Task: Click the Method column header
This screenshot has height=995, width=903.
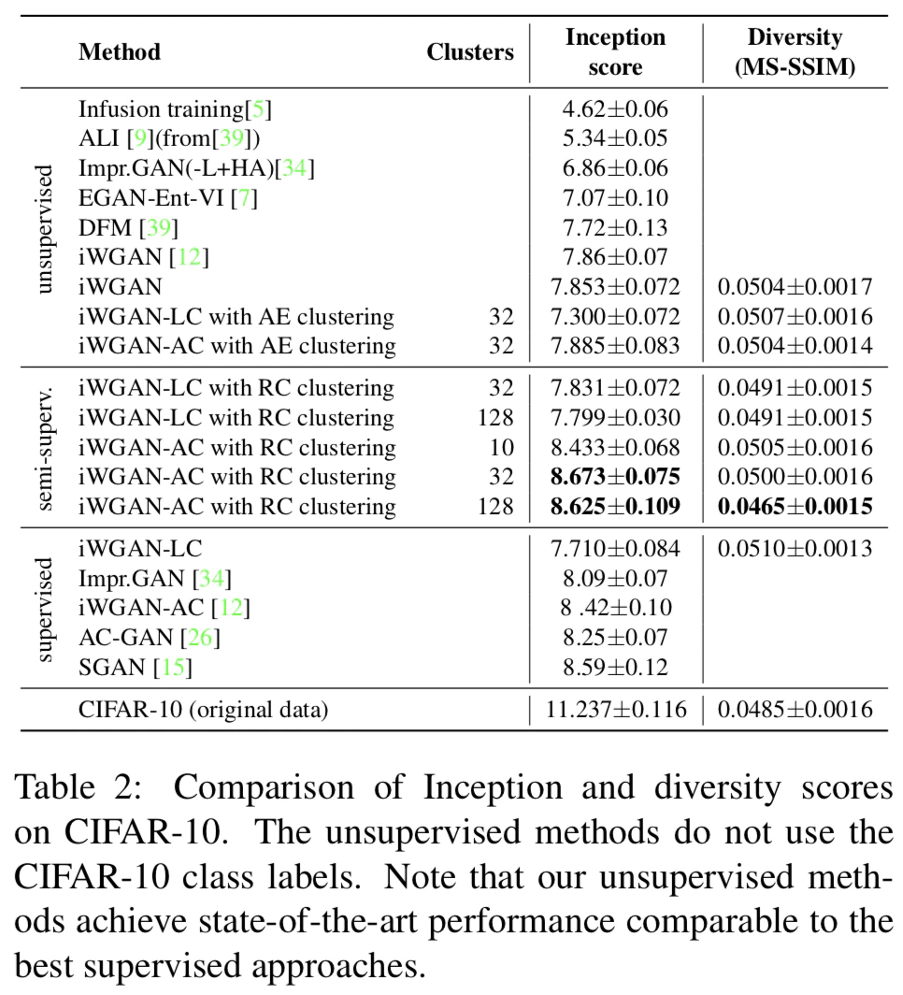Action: pyautogui.click(x=120, y=51)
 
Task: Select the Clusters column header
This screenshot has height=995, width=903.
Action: pyautogui.click(x=469, y=51)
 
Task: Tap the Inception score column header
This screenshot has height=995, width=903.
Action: pyautogui.click(x=615, y=51)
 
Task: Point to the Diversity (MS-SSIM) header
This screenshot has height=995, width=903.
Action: pyautogui.click(x=794, y=51)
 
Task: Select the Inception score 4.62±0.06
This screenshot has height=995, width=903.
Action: pyautogui.click(x=615, y=109)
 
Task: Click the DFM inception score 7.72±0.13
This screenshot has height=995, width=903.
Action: pyautogui.click(x=615, y=228)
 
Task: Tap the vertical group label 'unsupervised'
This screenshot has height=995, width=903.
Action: pyautogui.click(x=43, y=228)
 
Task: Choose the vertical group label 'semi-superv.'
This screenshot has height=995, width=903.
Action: pyautogui.click(x=43, y=447)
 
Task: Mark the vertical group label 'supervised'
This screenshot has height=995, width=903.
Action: pyautogui.click(x=43, y=608)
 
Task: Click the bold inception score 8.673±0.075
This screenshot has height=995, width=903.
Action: pyautogui.click(x=615, y=477)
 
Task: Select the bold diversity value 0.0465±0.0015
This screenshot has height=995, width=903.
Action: pyautogui.click(x=795, y=507)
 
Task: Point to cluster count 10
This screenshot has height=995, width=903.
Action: pyautogui.click(x=501, y=447)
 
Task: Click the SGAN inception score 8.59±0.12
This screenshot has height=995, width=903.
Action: pyautogui.click(x=615, y=668)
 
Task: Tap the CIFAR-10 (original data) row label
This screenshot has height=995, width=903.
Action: pyautogui.click(x=204, y=710)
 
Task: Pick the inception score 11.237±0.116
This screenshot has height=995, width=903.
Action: pyautogui.click(x=615, y=710)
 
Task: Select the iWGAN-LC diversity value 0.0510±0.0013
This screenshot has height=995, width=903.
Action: pyautogui.click(x=795, y=548)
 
